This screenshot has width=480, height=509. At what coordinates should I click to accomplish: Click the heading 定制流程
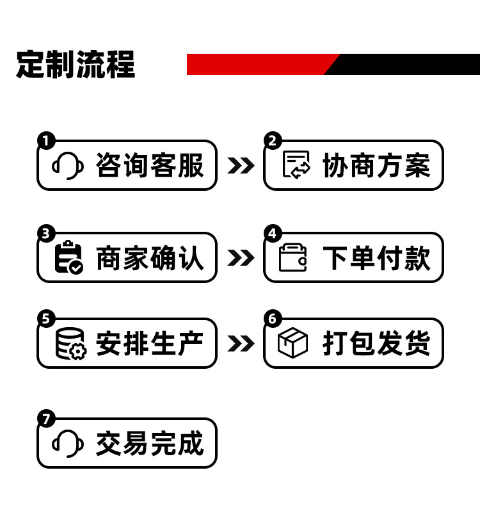76,64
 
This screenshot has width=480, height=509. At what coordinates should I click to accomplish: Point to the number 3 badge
45,233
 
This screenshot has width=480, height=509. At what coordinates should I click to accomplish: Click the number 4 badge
273,233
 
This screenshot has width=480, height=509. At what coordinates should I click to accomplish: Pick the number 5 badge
45,318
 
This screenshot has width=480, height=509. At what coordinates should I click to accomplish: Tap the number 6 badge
273,318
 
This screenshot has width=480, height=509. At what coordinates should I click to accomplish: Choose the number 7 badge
45,419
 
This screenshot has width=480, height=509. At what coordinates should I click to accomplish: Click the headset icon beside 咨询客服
67,166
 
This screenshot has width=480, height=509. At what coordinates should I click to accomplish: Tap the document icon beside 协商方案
296,165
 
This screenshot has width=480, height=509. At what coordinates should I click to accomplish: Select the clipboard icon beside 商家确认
68,257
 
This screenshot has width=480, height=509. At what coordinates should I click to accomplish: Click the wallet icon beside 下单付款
294,257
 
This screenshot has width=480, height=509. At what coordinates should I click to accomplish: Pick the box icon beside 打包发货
293,344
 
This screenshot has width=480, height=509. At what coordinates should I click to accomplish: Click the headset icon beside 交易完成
67,443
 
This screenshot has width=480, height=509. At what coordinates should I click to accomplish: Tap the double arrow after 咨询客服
240,166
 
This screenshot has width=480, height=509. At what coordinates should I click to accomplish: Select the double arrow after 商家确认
240,258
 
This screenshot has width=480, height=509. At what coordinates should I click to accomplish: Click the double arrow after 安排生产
240,344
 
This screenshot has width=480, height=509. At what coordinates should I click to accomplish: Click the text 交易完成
150,444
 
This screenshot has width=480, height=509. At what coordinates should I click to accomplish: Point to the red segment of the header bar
256,64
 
